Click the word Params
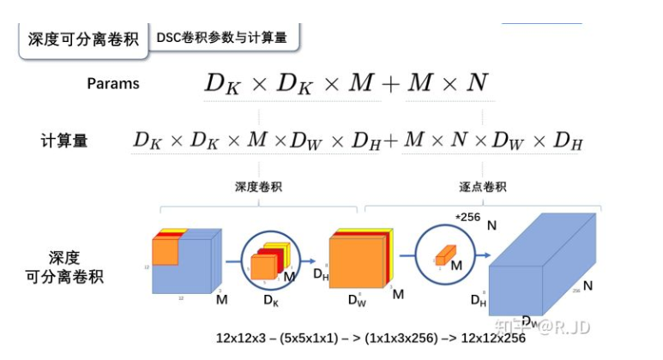pos(112,84)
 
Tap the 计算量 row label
pos(64,140)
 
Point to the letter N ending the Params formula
pos(477,83)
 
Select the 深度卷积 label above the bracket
pos(258,186)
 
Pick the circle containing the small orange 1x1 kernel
pos(445,255)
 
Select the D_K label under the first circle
pos(270,301)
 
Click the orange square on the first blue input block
pos(166,251)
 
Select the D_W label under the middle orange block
pos(357,300)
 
